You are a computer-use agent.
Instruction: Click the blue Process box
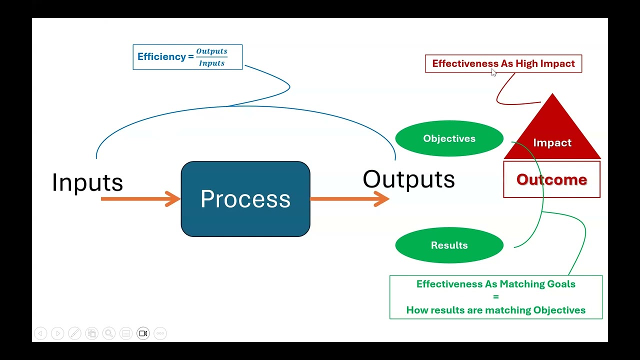[x=245, y=199]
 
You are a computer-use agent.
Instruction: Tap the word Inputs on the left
[x=87, y=182]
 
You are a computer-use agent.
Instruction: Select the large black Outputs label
[x=408, y=179]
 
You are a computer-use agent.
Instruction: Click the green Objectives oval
[x=449, y=138]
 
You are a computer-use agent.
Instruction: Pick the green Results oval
[x=449, y=245]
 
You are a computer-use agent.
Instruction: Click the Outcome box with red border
[x=551, y=179]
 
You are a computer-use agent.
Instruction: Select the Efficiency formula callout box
[x=187, y=57]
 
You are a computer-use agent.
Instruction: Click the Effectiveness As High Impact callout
[x=503, y=63]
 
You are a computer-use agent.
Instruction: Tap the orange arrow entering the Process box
[x=140, y=199]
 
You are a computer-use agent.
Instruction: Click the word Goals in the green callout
[x=562, y=284]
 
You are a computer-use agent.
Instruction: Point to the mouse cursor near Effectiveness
[x=493, y=72]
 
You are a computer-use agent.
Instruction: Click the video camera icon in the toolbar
[x=143, y=333]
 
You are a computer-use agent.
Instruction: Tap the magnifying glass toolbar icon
[x=108, y=333]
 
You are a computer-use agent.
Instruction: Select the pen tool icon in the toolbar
[x=74, y=333]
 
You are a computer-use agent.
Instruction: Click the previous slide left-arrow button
[x=40, y=333]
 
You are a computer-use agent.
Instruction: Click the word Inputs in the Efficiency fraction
[x=211, y=63]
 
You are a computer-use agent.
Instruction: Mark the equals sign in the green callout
[x=495, y=297]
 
